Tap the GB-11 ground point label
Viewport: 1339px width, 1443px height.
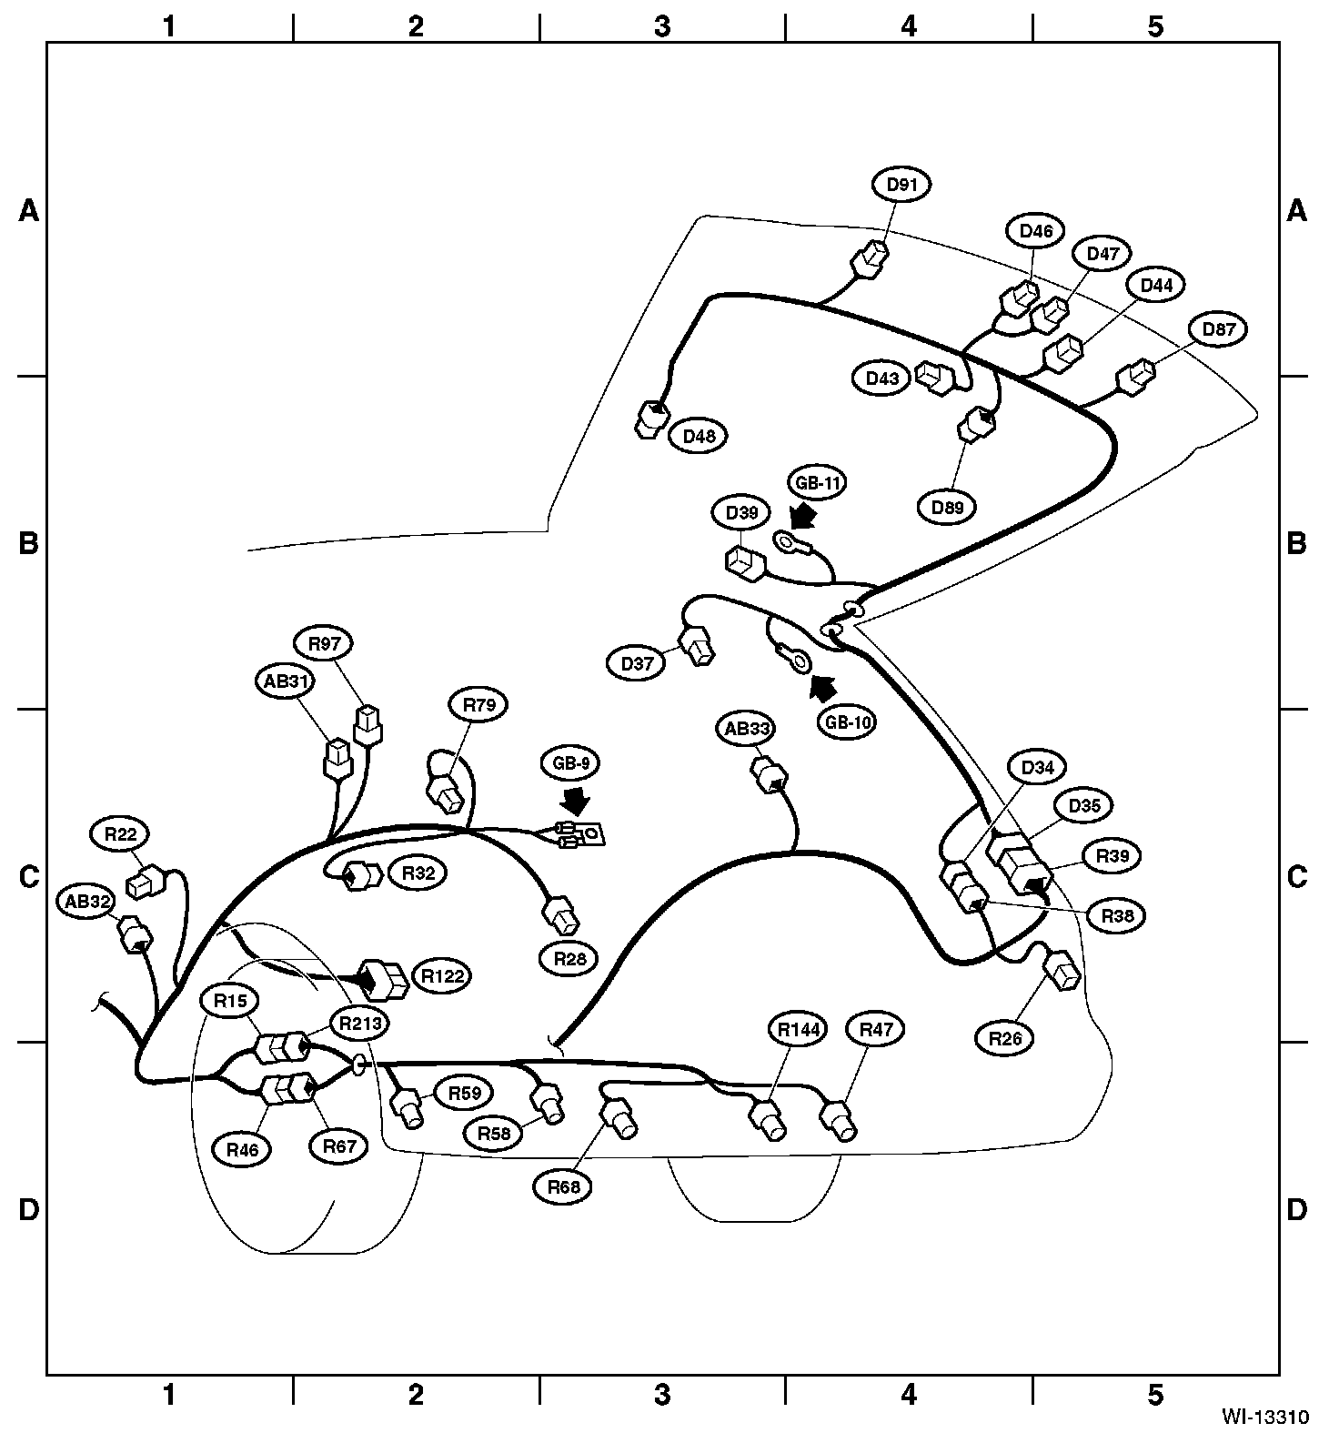coord(818,483)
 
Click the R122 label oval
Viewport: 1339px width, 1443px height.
coord(442,976)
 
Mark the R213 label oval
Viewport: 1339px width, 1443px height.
coord(360,1023)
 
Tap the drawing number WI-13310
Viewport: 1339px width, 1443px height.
coord(1265,1417)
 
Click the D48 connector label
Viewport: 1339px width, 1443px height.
coord(699,437)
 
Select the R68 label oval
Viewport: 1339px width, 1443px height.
coord(564,1187)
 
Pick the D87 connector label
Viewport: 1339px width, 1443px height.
coord(1218,329)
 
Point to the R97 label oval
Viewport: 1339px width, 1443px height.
coord(324,644)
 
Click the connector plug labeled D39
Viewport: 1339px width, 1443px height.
coord(745,563)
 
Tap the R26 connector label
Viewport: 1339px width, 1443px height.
coord(1004,1037)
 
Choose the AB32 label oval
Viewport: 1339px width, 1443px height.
coord(88,902)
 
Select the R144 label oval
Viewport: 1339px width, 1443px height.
coord(799,1030)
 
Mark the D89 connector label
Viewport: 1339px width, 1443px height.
coord(947,507)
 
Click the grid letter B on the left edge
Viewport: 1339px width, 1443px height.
coord(29,543)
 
